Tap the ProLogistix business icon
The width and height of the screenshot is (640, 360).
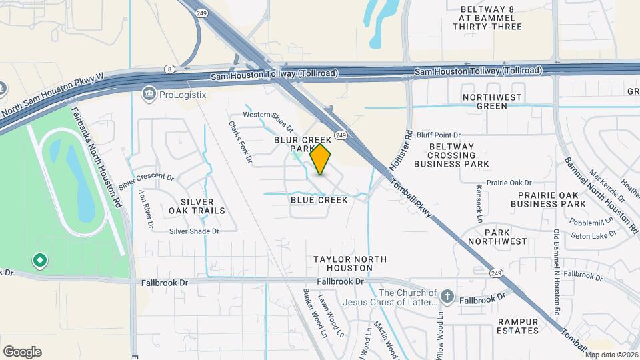[x=148, y=95]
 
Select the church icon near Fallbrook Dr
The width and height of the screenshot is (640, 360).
[x=447, y=295]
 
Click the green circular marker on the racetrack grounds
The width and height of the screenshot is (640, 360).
[x=39, y=260]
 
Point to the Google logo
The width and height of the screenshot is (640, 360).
[x=22, y=352]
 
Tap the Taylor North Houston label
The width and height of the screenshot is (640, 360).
[x=343, y=263]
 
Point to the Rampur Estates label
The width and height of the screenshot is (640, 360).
[x=517, y=325]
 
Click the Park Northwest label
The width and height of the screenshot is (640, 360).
[x=497, y=236]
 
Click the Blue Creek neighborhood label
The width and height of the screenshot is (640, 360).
[x=319, y=200]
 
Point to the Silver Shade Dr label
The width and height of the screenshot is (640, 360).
[x=194, y=231]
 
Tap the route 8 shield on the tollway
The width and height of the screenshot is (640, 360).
[x=170, y=69]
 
